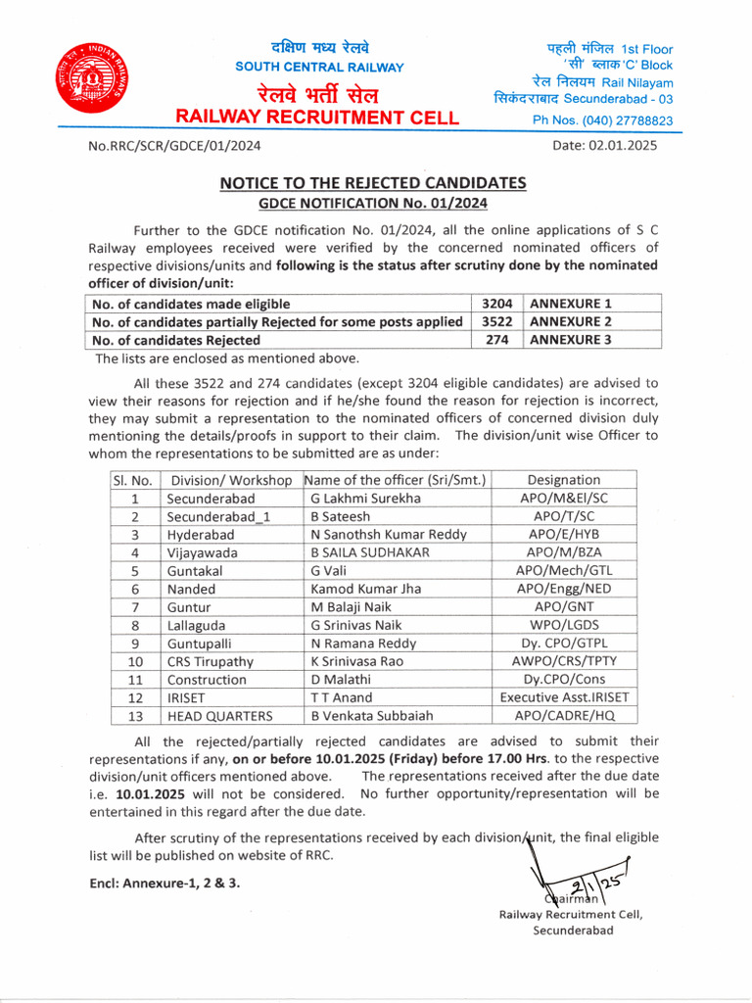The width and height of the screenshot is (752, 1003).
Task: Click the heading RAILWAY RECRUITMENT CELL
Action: (x=316, y=118)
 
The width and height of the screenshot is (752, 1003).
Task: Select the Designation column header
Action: (x=563, y=480)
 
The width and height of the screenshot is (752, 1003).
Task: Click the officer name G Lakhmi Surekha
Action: (x=365, y=498)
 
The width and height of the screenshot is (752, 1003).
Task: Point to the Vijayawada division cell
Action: (x=202, y=552)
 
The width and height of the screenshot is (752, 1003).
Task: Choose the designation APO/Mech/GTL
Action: (x=563, y=570)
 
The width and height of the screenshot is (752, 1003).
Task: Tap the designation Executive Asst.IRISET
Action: (x=565, y=697)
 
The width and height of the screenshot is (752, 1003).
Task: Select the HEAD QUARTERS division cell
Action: (x=219, y=715)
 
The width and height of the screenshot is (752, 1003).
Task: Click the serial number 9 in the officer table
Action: (x=135, y=644)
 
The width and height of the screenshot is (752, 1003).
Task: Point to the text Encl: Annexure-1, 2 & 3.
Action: (x=164, y=883)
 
